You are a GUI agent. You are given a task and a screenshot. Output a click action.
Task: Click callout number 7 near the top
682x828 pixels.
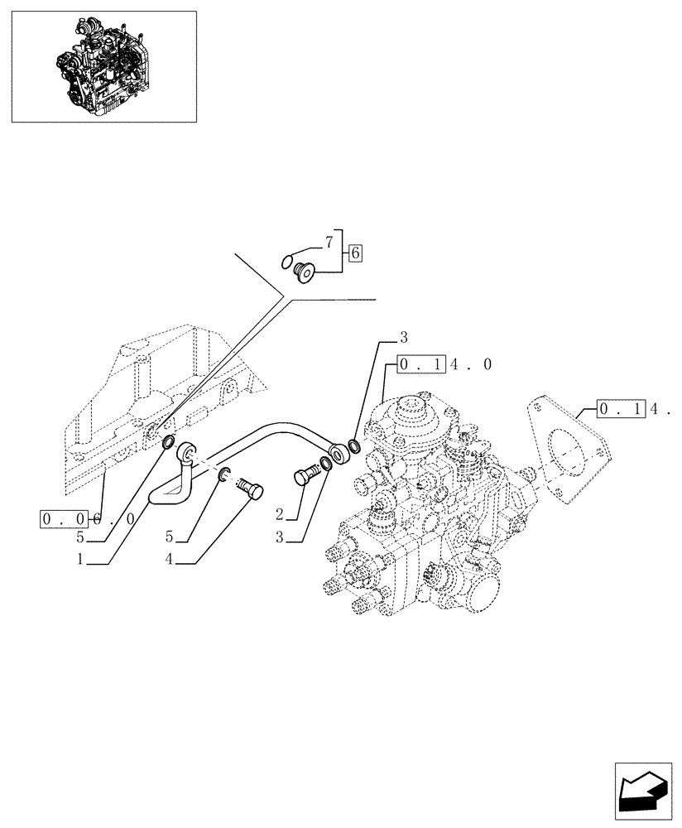click(x=328, y=243)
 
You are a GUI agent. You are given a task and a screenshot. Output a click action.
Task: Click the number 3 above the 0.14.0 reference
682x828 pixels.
click(x=403, y=337)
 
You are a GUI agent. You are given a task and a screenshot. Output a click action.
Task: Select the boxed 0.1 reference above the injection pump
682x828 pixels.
click(x=421, y=364)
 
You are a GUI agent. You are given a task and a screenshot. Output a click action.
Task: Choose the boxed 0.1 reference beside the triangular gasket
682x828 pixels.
click(x=620, y=408)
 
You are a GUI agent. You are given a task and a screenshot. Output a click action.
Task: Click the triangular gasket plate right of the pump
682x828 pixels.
click(x=571, y=451)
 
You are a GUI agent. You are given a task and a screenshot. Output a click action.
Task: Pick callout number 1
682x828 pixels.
click(x=80, y=559)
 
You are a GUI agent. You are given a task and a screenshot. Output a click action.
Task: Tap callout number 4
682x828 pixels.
click(x=168, y=559)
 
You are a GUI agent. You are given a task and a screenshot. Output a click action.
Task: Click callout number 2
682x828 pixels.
click(x=280, y=514)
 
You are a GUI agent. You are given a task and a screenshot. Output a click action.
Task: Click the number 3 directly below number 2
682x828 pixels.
click(x=280, y=537)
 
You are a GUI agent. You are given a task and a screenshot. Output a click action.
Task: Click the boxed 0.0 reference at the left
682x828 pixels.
click(x=63, y=520)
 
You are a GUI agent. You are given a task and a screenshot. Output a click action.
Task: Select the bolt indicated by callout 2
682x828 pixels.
click(x=305, y=476)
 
